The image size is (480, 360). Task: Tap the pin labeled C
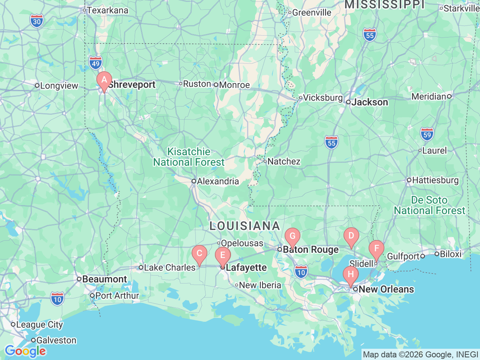pyautogui.click(x=199, y=253)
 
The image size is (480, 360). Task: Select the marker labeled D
pyautogui.click(x=351, y=236)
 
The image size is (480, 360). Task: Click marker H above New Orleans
pyautogui.click(x=351, y=274)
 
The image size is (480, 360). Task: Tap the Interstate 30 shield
pyautogui.click(x=37, y=21)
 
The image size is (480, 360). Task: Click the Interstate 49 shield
pyautogui.click(x=96, y=63)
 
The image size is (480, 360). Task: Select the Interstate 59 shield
pyautogui.click(x=427, y=134)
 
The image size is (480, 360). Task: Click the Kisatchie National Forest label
pyautogui.click(x=189, y=157)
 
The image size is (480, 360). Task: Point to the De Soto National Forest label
pyautogui.click(x=429, y=205)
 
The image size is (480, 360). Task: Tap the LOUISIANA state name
pyautogui.click(x=244, y=226)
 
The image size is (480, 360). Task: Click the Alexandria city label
pyautogui.click(x=217, y=181)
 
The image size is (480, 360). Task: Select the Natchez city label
pyautogui.click(x=283, y=162)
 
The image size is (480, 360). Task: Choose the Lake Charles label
pyautogui.click(x=169, y=268)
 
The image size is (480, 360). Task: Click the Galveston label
pyautogui.click(x=56, y=340)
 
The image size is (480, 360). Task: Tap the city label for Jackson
pyautogui.click(x=369, y=102)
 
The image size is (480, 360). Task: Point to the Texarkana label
pyautogui.click(x=107, y=10)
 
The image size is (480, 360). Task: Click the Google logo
pyautogui.click(x=25, y=351)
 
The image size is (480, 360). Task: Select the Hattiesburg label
pyautogui.click(x=435, y=180)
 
